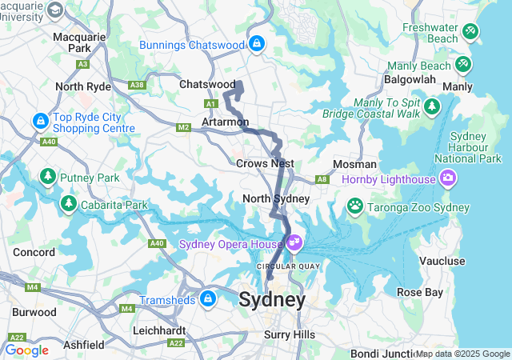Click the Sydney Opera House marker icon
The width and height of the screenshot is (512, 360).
point(294,241)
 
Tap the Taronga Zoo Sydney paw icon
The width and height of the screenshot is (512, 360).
point(354,207)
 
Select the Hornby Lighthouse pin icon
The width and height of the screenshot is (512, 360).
point(447,177)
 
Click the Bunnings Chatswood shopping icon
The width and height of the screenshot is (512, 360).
point(257,43)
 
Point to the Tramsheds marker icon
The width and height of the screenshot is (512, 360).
point(208,299)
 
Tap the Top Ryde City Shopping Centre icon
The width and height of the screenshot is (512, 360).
point(40,122)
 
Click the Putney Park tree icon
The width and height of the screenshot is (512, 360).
point(48,176)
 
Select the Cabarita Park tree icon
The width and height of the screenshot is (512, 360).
point(70,204)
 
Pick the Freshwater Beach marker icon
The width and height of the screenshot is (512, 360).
point(470,31)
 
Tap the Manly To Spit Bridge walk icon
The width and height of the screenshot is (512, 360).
point(432,106)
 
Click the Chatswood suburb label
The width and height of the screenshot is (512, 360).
point(207,84)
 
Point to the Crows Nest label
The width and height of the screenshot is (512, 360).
point(266,163)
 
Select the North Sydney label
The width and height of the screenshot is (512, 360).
point(276,198)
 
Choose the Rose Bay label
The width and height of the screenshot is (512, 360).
point(420,292)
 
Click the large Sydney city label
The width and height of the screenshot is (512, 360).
point(272,301)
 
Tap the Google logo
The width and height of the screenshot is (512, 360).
point(26,350)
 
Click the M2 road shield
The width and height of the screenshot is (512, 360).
point(184,127)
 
